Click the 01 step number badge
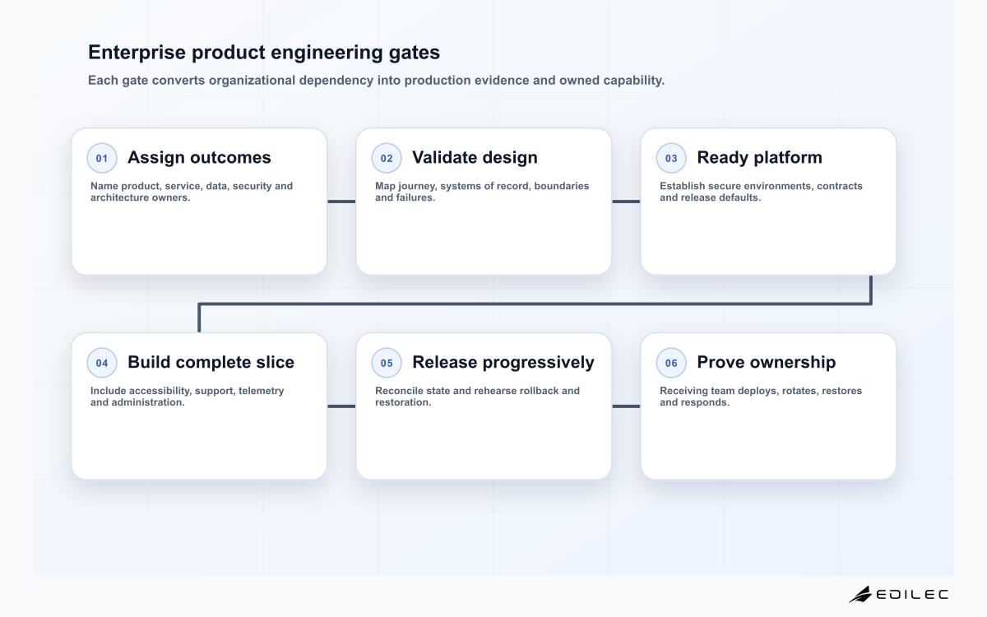coord(102,158)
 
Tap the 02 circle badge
coord(387,158)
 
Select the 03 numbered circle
coord(671,158)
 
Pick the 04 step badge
coord(102,363)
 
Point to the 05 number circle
coord(387,363)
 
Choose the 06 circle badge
coord(671,363)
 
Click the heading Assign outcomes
coord(199,157)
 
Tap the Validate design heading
coord(475,157)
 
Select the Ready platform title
coord(760,157)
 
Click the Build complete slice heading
coord(211,362)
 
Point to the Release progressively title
coord(503,362)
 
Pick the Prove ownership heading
coord(767,362)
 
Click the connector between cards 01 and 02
coord(341,202)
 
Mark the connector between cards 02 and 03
coord(626,202)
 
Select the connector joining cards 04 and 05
coord(341,406)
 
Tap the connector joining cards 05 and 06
coord(626,406)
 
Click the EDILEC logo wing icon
coord(860,595)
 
